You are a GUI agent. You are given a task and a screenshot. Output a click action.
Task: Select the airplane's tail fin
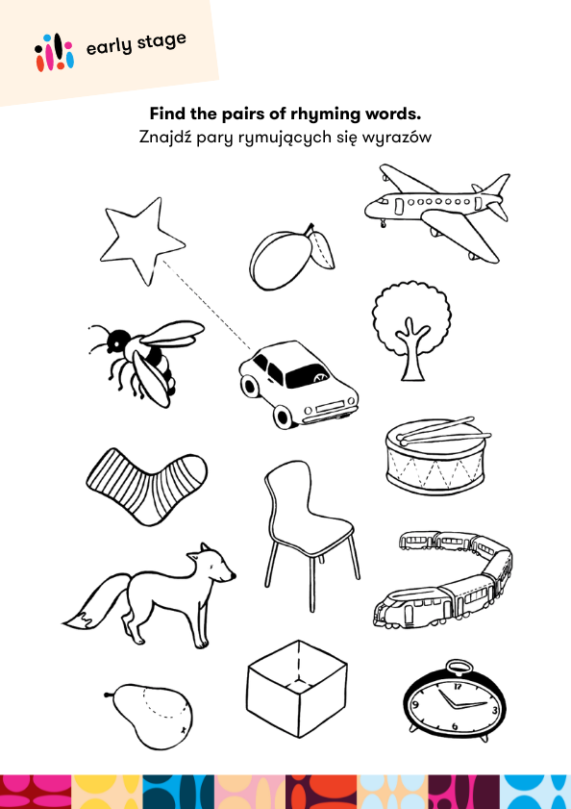click(494, 187)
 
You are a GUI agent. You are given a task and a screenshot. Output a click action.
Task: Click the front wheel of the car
click(285, 416)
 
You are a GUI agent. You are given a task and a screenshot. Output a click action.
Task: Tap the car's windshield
click(308, 376)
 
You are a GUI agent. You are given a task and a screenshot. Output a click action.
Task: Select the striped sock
click(146, 485)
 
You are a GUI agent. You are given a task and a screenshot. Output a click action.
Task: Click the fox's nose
click(234, 574)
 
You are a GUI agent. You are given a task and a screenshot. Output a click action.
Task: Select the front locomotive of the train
click(413, 609)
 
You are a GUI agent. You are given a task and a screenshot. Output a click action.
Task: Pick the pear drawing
click(151, 716)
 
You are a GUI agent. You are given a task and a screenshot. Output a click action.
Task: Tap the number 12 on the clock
click(458, 687)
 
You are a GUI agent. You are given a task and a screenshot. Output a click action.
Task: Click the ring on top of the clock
click(458, 669)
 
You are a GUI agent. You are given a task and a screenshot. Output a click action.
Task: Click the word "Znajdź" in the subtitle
click(164, 138)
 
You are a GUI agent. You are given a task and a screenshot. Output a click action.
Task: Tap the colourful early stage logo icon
click(54, 52)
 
